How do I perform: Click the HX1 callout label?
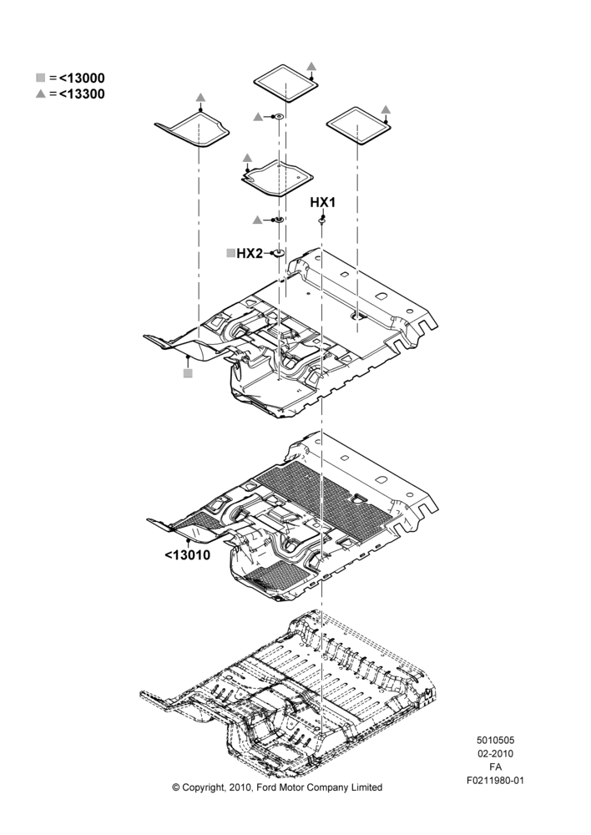[323, 202]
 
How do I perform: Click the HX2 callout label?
[250, 253]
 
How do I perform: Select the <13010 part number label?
[188, 555]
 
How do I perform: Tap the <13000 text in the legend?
[82, 78]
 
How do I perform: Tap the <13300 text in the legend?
[82, 94]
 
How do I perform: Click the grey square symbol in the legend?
[40, 78]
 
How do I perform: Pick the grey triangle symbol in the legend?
[40, 94]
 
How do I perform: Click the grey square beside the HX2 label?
[230, 253]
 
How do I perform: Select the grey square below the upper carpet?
[188, 373]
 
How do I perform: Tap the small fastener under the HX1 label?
[322, 220]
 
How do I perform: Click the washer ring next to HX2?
[277, 252]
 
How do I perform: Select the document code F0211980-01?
[495, 781]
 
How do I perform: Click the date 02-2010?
[495, 753]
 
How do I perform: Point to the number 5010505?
[495, 740]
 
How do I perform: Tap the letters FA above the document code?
[495, 767]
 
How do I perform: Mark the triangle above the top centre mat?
[312, 66]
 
